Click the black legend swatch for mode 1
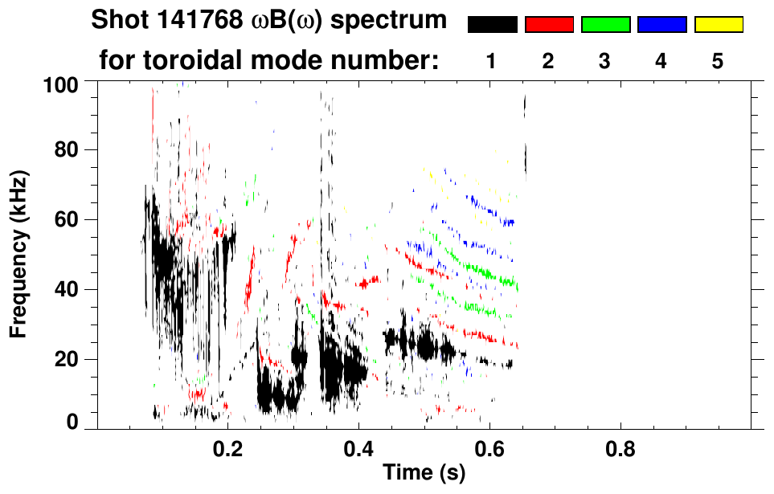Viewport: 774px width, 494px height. tap(493, 25)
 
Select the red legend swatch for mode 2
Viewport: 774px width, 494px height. tap(549, 25)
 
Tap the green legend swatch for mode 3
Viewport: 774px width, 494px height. tap(605, 25)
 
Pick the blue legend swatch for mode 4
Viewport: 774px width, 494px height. tap(661, 25)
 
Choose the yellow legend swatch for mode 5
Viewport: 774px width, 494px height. tap(718, 25)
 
